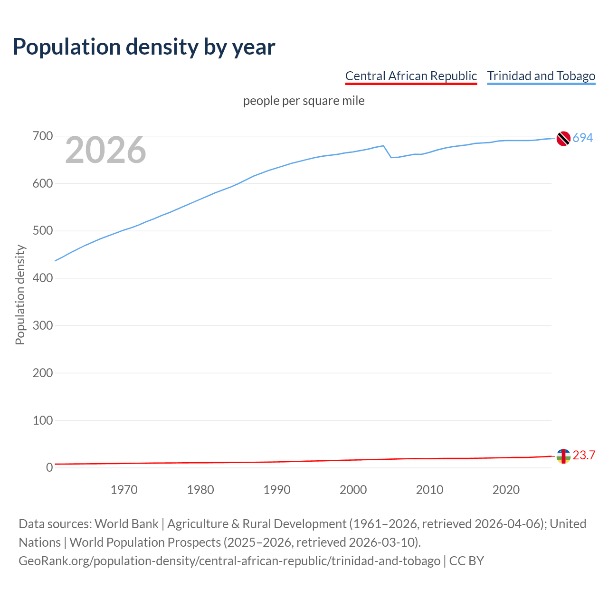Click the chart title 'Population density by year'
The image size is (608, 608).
tap(144, 47)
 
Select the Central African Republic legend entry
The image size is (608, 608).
tap(411, 76)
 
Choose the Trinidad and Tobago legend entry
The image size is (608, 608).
tap(541, 76)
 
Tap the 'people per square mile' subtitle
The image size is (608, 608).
tap(304, 101)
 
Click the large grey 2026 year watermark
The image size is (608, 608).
tap(105, 150)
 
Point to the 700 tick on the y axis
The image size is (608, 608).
tap(43, 136)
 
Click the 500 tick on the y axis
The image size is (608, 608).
tap(43, 231)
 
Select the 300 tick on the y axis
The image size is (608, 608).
tap(43, 325)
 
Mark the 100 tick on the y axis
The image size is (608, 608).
tap(43, 420)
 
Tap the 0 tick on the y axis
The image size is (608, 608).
tap(49, 467)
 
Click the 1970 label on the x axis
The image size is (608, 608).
tap(124, 490)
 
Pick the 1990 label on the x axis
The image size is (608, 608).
tap(277, 490)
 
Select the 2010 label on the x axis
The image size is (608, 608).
tap(429, 490)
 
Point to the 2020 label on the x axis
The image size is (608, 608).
tap(506, 490)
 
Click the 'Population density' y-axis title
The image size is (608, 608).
tap(20, 294)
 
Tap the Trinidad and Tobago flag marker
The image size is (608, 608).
tap(563, 138)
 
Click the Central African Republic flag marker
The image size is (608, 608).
tap(563, 456)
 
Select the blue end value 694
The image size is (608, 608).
tap(583, 138)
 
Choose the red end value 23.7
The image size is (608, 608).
tap(584, 455)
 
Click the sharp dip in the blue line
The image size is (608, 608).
tap(391, 157)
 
